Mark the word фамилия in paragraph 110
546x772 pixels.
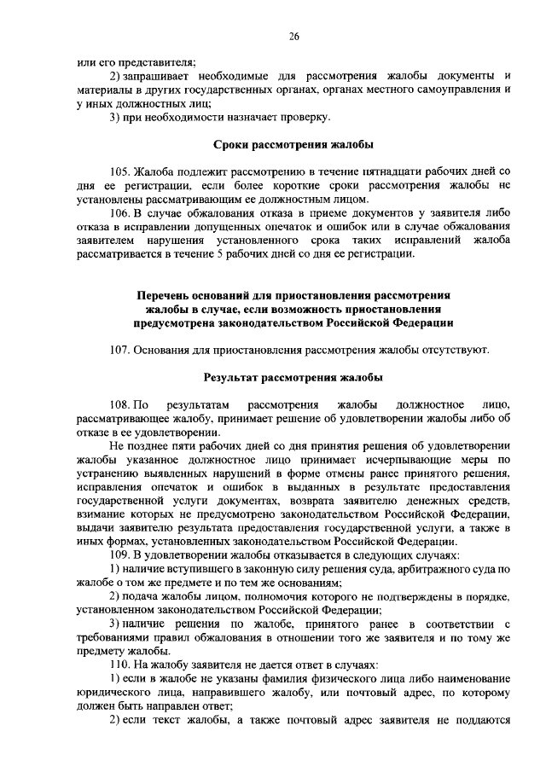point(277,678)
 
